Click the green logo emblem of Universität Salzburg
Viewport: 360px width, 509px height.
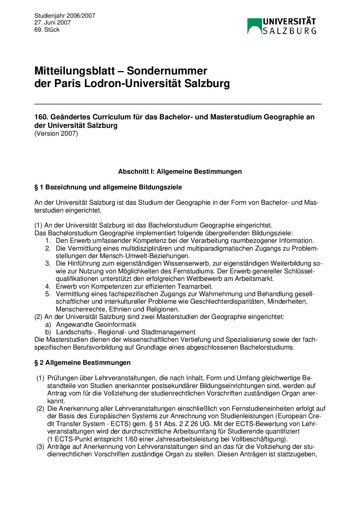(x=255, y=26)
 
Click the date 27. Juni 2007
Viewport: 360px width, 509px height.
(x=52, y=23)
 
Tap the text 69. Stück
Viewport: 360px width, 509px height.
(x=47, y=30)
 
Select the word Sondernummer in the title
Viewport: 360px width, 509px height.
(x=167, y=71)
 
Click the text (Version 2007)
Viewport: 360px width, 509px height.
(x=56, y=134)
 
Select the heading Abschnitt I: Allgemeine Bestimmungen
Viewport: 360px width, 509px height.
(x=180, y=172)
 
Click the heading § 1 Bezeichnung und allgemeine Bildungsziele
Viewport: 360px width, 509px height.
(x=108, y=187)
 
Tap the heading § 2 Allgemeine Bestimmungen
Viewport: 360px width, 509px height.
(x=82, y=363)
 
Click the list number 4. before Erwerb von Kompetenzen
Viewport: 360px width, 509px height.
(x=48, y=286)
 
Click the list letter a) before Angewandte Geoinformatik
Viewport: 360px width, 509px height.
(x=48, y=325)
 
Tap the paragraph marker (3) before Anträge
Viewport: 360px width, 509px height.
(x=40, y=446)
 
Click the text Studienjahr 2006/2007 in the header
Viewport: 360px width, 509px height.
(x=65, y=16)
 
